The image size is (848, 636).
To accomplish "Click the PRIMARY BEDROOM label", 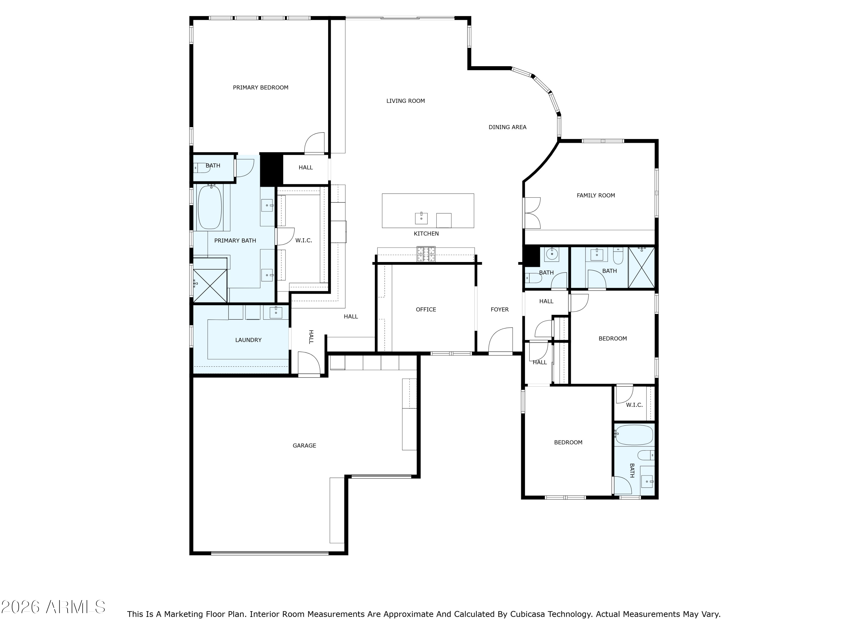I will [x=260, y=87].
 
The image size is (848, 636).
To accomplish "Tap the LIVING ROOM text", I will [x=405, y=101].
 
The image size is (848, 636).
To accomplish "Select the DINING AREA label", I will [x=507, y=127].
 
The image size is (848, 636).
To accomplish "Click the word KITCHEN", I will [x=426, y=233].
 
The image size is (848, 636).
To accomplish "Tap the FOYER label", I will [x=499, y=309].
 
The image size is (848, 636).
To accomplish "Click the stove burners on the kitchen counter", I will [x=426, y=254].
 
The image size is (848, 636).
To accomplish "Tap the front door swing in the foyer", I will [x=501, y=340].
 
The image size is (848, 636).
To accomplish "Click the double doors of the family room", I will [x=532, y=213].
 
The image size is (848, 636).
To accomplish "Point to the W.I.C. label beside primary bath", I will [x=303, y=240].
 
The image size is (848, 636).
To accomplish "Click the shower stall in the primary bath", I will [x=210, y=285].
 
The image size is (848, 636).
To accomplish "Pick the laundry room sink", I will [x=276, y=312].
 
